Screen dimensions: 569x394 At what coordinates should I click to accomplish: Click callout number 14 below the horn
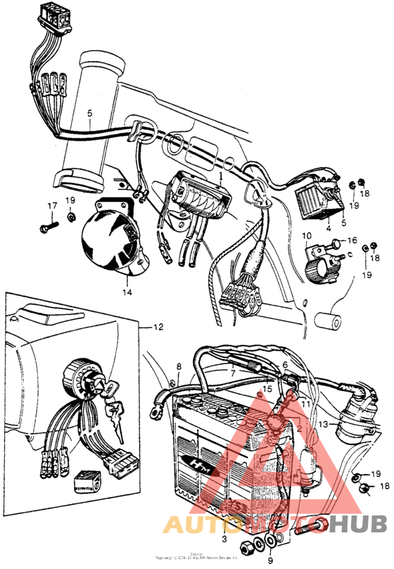[127, 291]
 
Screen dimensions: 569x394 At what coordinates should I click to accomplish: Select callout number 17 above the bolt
[51, 206]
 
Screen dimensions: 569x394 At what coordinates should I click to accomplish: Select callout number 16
[352, 240]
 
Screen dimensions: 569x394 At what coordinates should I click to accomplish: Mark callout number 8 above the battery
[179, 367]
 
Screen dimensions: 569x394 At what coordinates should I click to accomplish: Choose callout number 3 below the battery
[224, 539]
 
